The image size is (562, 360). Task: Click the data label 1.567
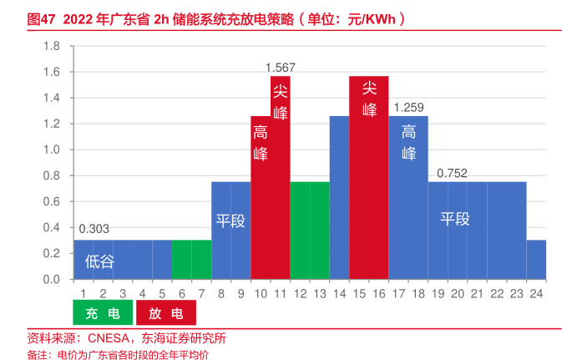[x=281, y=67]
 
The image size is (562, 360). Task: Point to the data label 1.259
[x=408, y=107]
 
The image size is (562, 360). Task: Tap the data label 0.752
[x=452, y=173]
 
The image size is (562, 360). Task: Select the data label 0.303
[x=94, y=229]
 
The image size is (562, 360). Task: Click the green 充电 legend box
[x=102, y=313]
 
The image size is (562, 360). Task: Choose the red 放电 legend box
[x=165, y=313]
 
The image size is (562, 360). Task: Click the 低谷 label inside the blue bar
[x=99, y=261]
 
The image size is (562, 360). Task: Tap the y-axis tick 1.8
[x=53, y=46]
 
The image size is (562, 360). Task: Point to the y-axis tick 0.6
[x=53, y=201]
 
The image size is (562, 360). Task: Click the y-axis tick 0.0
[x=53, y=279]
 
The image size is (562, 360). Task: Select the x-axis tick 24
[x=536, y=293]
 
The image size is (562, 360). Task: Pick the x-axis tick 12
[x=301, y=293]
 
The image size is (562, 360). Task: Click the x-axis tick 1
[x=84, y=293]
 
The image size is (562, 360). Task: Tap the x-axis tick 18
[x=418, y=293]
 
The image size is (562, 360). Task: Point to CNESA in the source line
[x=109, y=338]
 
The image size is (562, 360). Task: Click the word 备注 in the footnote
[x=38, y=354]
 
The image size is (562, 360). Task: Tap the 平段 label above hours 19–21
[x=455, y=220]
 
